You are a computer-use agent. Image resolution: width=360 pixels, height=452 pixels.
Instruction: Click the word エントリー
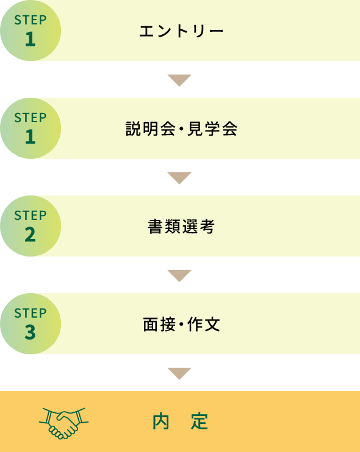(x=181, y=31)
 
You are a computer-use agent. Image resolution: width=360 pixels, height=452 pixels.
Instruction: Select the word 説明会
(x=150, y=128)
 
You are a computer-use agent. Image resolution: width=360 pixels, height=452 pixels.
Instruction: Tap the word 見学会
(x=212, y=128)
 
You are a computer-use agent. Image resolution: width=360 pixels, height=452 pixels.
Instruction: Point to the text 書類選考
(x=181, y=226)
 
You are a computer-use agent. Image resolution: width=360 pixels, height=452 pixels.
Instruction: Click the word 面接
(x=159, y=324)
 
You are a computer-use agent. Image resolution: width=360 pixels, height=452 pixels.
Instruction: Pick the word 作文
(x=204, y=324)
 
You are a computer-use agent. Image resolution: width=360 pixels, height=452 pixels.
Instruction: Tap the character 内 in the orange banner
(x=160, y=421)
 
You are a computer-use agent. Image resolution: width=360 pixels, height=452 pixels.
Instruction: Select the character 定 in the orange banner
(x=200, y=421)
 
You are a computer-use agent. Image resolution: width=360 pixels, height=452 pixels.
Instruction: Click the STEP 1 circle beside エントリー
(x=31, y=31)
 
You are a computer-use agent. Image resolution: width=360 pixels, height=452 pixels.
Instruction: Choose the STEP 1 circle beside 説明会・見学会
(x=31, y=128)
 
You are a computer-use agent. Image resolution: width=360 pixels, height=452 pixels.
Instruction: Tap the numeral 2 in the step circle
(x=31, y=235)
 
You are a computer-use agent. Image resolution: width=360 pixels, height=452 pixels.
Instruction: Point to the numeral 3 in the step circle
(x=31, y=332)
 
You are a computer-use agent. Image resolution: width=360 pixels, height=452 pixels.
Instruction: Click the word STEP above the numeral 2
(x=31, y=216)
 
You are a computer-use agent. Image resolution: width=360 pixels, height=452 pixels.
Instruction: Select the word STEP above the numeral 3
(x=31, y=313)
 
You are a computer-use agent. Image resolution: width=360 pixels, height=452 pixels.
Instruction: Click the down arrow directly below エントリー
(x=179, y=80)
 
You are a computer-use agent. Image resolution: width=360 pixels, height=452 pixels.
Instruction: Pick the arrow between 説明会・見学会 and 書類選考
(x=179, y=178)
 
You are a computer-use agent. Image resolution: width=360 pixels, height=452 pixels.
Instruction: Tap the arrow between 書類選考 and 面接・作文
(x=179, y=275)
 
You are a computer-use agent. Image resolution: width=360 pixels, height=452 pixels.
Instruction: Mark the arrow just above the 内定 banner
(x=179, y=373)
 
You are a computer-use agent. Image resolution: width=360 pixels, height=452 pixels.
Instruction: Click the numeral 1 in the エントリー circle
(x=31, y=39)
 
